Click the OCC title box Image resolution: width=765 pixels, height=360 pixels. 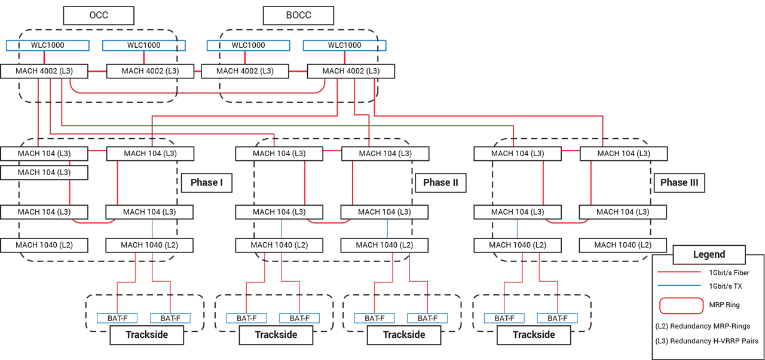click(x=99, y=16)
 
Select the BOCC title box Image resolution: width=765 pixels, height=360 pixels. click(x=298, y=16)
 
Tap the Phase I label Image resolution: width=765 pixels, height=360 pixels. click(x=207, y=182)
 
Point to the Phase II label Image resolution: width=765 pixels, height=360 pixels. click(x=440, y=182)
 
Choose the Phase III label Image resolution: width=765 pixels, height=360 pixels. click(x=679, y=182)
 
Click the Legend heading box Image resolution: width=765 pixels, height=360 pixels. click(x=709, y=254)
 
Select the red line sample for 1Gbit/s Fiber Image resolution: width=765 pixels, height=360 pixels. click(x=679, y=272)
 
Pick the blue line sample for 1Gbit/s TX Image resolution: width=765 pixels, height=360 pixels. click(x=679, y=286)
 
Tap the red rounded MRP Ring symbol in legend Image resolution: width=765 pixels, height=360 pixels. click(x=681, y=305)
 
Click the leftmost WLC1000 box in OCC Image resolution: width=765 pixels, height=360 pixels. click(x=48, y=45)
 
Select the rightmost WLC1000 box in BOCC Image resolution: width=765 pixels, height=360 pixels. click(x=344, y=45)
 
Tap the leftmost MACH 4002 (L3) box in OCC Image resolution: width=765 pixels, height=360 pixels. click(x=45, y=71)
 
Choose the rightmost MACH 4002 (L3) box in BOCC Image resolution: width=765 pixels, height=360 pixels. click(x=351, y=71)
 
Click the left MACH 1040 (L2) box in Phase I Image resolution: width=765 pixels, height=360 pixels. click(x=44, y=245)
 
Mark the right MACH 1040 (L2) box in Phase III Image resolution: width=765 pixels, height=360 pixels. click(x=623, y=245)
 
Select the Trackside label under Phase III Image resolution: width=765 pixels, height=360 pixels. click(x=534, y=335)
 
